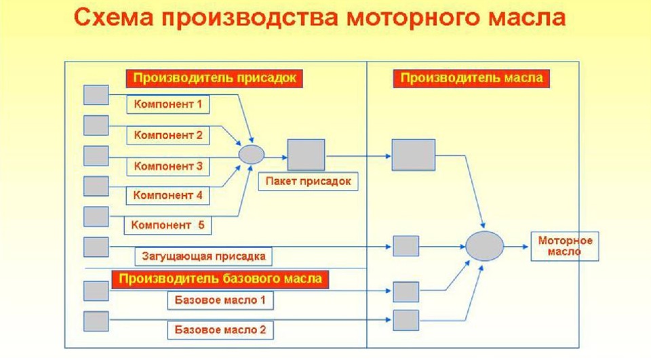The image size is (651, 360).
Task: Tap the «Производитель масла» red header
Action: tap(472, 78)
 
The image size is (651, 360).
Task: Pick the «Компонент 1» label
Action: tap(168, 104)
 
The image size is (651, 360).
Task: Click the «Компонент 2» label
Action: tap(168, 135)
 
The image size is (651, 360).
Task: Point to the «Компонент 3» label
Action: tap(168, 165)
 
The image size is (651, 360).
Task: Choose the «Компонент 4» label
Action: tap(168, 195)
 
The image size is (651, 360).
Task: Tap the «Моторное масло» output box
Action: tap(565, 246)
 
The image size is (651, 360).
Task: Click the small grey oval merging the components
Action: tap(252, 154)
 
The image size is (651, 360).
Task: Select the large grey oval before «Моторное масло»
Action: tap(484, 245)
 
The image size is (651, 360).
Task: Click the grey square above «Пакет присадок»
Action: tap(306, 155)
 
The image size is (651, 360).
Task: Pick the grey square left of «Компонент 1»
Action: tap(96, 95)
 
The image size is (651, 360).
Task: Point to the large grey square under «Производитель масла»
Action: tap(413, 155)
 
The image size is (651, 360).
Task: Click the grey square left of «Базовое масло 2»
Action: tap(96, 321)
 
